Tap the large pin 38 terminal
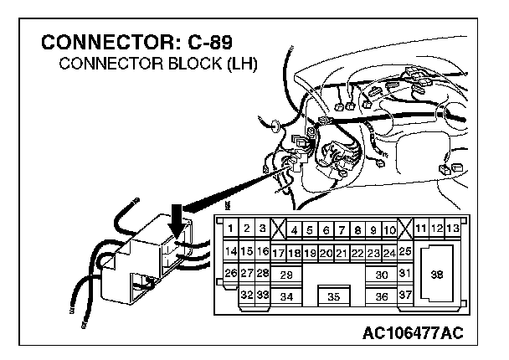pyautogui.click(x=436, y=274)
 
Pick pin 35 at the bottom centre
pyautogui.click(x=333, y=296)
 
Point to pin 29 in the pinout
pyautogui.click(x=285, y=274)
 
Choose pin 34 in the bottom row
pyautogui.click(x=285, y=296)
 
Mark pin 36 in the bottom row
pyautogui.click(x=381, y=296)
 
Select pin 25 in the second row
pyautogui.click(x=405, y=251)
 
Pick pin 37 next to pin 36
pyautogui.click(x=405, y=295)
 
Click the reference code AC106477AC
pyautogui.click(x=413, y=334)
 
